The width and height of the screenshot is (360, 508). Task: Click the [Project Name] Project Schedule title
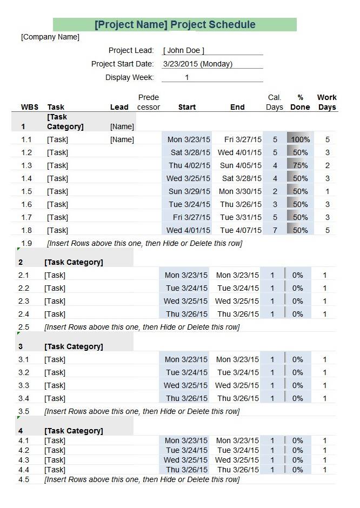click(x=175, y=24)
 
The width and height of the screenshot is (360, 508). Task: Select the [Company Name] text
click(x=50, y=37)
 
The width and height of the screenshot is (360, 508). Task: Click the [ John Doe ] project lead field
click(x=184, y=51)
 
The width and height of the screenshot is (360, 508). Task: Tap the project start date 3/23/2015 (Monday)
click(x=198, y=64)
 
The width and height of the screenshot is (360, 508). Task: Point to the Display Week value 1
click(x=187, y=77)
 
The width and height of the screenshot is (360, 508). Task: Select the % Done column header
click(x=300, y=102)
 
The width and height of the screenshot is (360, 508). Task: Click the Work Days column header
click(x=327, y=102)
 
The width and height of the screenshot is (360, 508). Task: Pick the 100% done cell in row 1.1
click(x=300, y=139)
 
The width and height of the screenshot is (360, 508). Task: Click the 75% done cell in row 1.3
click(x=300, y=165)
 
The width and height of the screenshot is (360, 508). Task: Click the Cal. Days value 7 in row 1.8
click(x=275, y=230)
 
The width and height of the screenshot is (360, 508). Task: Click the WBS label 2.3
click(x=24, y=301)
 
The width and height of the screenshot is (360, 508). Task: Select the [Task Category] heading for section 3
click(x=74, y=346)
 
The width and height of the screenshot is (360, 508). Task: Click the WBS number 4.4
click(x=24, y=470)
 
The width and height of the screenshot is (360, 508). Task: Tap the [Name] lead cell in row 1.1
click(x=122, y=139)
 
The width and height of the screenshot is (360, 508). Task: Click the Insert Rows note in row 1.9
click(x=144, y=243)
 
